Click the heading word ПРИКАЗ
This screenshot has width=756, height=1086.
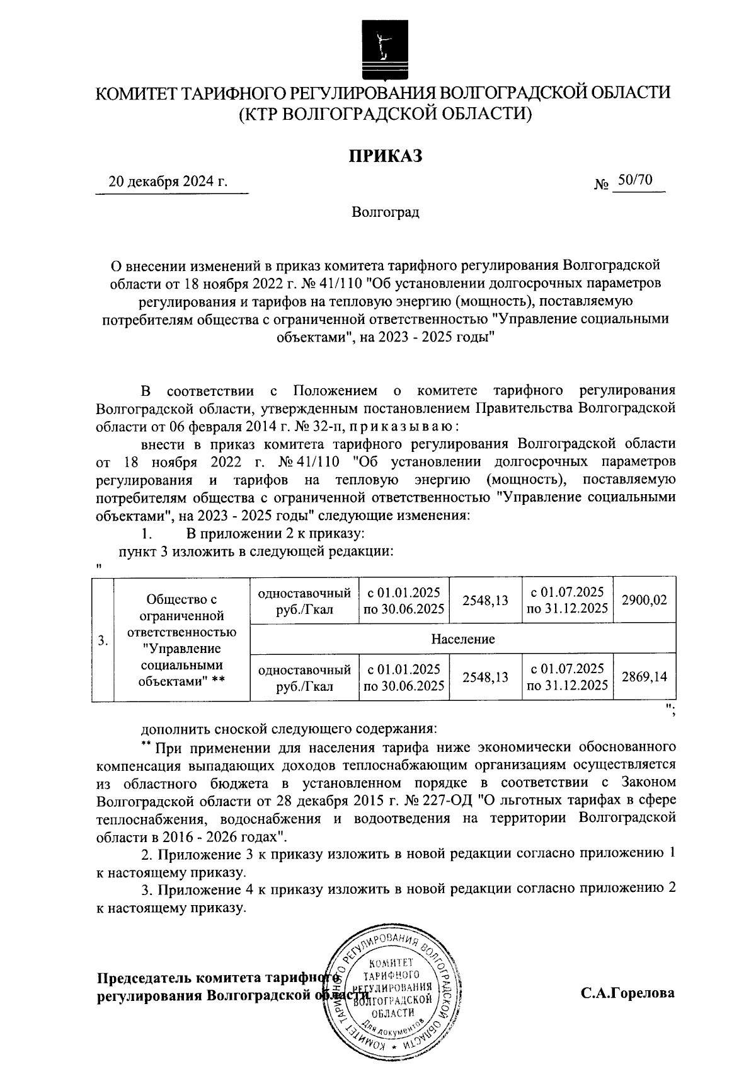(x=386, y=156)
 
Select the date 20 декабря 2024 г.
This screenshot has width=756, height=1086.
(x=168, y=182)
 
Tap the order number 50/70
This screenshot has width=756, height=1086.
(x=634, y=180)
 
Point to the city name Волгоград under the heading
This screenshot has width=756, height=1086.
(x=386, y=212)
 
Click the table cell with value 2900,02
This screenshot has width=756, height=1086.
(x=644, y=600)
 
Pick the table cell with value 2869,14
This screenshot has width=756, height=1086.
(x=644, y=677)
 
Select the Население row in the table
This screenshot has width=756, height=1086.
(x=463, y=638)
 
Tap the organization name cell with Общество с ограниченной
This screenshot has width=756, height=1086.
(x=181, y=640)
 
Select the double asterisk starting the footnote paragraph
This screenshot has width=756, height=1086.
(x=146, y=746)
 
